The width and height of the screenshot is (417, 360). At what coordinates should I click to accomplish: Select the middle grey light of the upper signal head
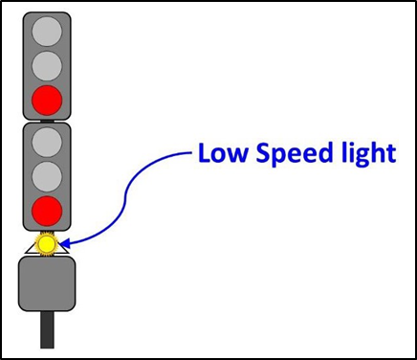[x=47, y=66]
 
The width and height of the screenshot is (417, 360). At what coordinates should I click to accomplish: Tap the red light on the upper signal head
[x=47, y=98]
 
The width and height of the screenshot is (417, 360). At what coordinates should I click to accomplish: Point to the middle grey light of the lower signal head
[x=47, y=177]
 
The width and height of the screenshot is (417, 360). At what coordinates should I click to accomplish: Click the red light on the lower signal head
[x=47, y=210]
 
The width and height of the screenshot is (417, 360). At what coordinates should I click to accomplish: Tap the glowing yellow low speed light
[x=46, y=245]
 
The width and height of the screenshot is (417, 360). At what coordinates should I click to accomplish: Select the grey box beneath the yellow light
[x=46, y=284]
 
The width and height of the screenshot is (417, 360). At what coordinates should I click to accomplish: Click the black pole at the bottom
[x=47, y=330]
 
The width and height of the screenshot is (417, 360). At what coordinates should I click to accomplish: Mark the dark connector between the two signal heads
[x=47, y=120]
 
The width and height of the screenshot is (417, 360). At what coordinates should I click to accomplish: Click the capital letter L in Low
[x=205, y=153]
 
